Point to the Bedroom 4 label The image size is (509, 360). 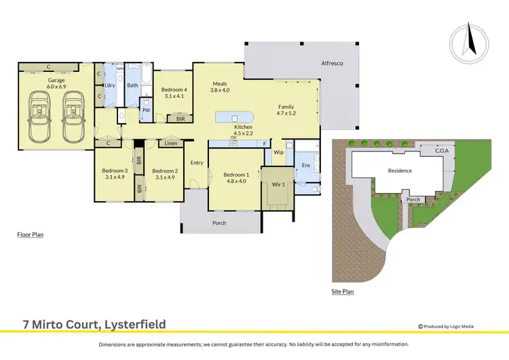[174, 90]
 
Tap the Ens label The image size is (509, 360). [305, 165]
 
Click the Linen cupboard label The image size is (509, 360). [170, 143]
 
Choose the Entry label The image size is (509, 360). [197, 162]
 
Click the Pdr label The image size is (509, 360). [146, 110]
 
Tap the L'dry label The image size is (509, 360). [109, 85]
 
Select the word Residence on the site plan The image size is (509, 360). [400, 170]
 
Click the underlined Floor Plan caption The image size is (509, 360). [30, 234]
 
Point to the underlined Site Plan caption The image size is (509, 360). [343, 291]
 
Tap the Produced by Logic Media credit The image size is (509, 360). [461, 325]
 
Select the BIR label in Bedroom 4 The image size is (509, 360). [180, 119]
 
